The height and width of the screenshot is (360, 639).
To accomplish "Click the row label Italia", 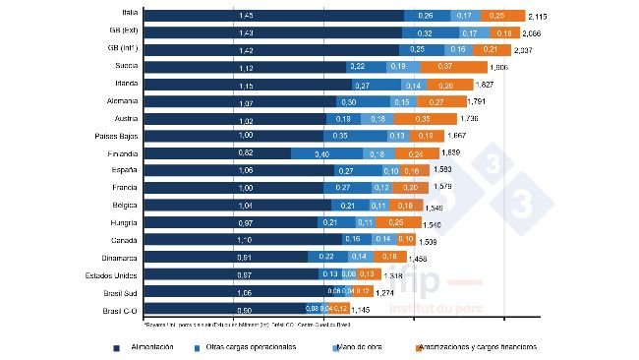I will (125, 15).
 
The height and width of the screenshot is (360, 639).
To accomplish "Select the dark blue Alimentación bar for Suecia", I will (246, 67).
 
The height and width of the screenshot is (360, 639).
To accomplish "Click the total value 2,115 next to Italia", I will (540, 17).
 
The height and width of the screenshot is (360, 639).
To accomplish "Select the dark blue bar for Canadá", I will (242, 240).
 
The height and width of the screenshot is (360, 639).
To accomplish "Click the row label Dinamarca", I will (119, 258).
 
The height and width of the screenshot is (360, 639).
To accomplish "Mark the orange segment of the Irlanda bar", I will (432, 85).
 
